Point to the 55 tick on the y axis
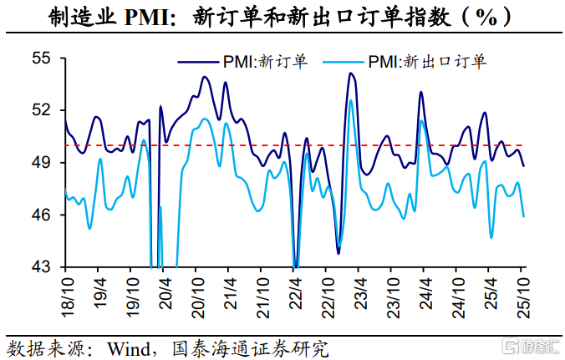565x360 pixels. pos(43,58)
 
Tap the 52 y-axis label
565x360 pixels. pos(43,110)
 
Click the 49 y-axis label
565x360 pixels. pos(43,163)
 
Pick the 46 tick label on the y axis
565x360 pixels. pos(43,215)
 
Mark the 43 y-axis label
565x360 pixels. pos(43,267)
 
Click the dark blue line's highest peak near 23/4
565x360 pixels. pos(351,74)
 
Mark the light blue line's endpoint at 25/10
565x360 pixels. pos(523,216)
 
